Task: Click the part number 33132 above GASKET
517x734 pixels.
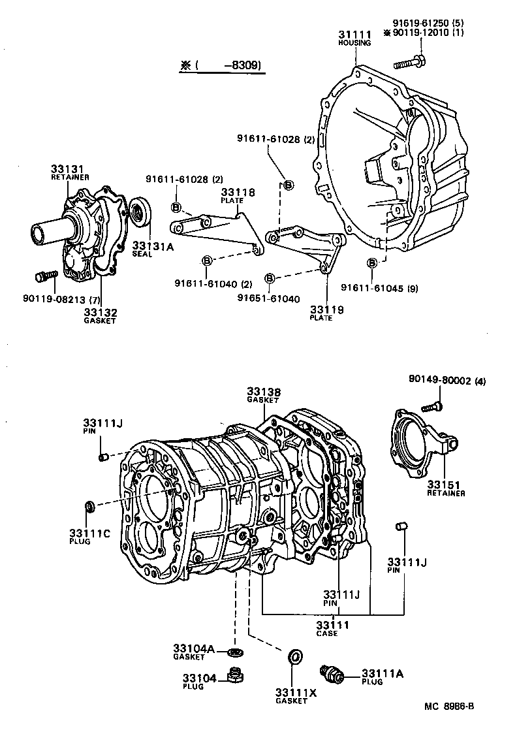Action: point(100,312)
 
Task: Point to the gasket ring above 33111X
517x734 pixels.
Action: point(294,656)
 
